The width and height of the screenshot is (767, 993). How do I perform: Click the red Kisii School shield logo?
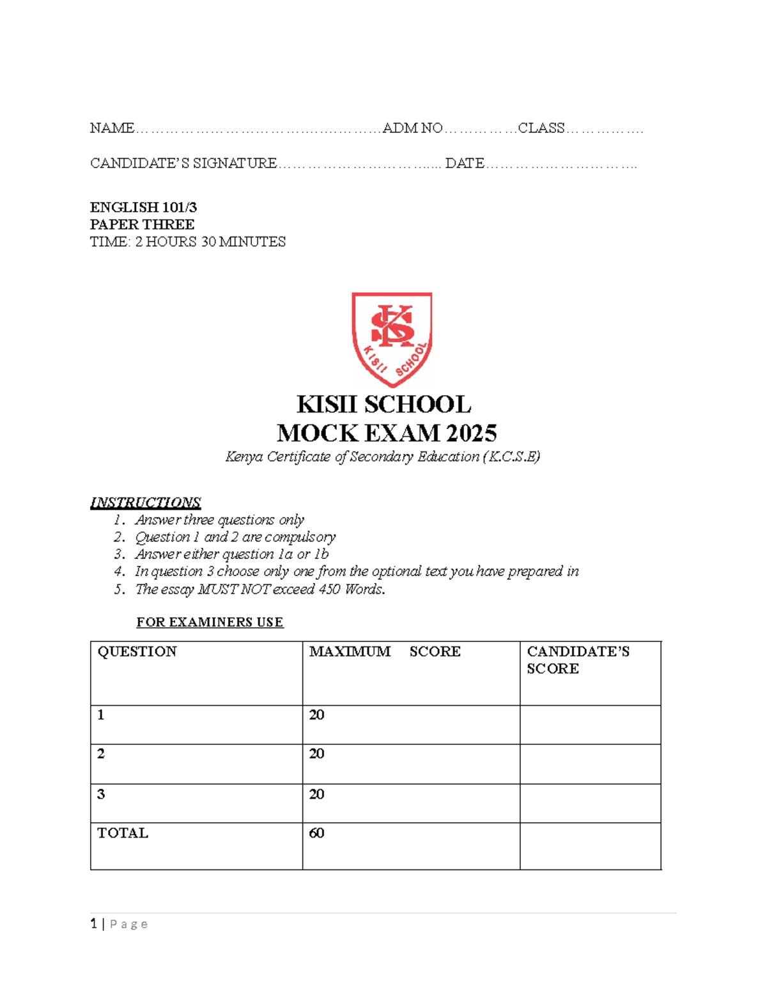click(x=392, y=339)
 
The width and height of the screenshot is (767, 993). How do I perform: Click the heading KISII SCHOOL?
click(x=383, y=405)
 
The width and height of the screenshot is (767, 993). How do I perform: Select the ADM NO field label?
click(x=412, y=129)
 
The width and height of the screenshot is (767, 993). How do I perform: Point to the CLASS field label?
click(x=541, y=129)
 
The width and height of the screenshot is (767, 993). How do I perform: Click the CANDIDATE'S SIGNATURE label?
click(x=183, y=164)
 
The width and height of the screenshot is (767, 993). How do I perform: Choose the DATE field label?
click(x=465, y=164)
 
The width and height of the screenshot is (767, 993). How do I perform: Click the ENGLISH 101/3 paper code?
click(x=143, y=207)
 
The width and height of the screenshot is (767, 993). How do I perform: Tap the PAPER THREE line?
click(x=142, y=224)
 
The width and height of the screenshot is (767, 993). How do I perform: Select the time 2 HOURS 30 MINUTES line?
click(x=187, y=242)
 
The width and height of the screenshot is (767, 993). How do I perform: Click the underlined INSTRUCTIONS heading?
click(x=145, y=503)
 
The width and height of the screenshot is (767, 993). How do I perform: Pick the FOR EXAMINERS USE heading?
click(x=210, y=622)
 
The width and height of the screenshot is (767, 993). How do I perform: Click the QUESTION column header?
click(x=137, y=652)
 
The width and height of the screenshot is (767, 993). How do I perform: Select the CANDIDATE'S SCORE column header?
click(x=578, y=660)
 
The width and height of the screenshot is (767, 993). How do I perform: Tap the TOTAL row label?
click(x=123, y=833)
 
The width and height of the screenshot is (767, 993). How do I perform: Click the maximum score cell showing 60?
click(x=316, y=833)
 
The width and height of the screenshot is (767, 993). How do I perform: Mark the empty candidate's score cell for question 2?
click(x=590, y=764)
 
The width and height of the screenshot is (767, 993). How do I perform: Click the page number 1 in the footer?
click(x=94, y=924)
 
